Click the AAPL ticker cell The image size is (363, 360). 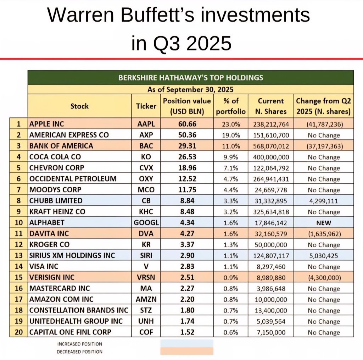tap(146, 124)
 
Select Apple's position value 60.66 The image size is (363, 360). tap(186, 124)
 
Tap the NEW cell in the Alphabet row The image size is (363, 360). tap(323, 223)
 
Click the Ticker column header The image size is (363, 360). tap(146, 106)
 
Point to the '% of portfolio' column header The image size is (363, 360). tap(231, 106)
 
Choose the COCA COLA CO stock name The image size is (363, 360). tap(55, 157)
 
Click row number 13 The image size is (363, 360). tap(19, 256)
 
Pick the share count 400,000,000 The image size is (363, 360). tap(270, 157)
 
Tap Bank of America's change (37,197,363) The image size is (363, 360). tap(323, 146)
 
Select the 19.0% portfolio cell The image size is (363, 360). tap(231, 135)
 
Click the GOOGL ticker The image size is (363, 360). tap(146, 223)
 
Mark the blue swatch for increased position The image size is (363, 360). tap(187, 343)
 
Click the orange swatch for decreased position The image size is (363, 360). tap(187, 351)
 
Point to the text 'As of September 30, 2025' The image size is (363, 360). tap(190, 89)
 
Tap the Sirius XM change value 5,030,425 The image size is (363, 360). tap(323, 256)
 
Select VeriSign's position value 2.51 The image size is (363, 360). tap(186, 278)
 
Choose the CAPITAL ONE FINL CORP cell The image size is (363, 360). tap(70, 332)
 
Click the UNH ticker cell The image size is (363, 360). tap(146, 321)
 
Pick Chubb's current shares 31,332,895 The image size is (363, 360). tap(270, 201)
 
